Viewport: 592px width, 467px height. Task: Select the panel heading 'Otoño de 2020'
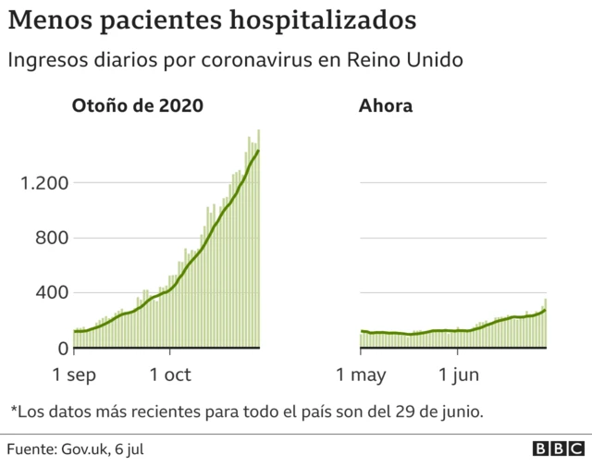(x=138, y=105)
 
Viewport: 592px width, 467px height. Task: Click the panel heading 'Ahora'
(x=385, y=105)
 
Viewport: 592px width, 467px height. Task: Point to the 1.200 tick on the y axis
(x=43, y=182)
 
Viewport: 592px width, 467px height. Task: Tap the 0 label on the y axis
(x=62, y=349)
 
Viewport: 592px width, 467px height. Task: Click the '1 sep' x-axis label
(x=74, y=375)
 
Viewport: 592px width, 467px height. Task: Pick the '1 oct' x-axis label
(x=169, y=375)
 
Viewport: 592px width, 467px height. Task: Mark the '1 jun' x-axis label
(x=458, y=375)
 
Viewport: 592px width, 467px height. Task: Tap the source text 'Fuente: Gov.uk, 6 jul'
(x=75, y=449)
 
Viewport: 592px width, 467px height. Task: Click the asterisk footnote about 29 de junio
(x=246, y=410)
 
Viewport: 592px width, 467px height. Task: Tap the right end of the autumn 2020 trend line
(x=259, y=151)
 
